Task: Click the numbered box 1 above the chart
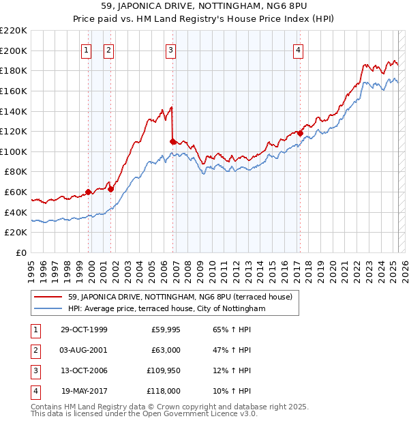click(x=87, y=49)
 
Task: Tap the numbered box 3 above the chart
click(x=170, y=49)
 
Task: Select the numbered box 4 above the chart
click(x=299, y=49)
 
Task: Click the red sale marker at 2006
click(x=172, y=141)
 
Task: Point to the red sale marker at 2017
click(x=300, y=133)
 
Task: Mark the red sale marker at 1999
click(x=89, y=192)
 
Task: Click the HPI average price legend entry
click(x=166, y=308)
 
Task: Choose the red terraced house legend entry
click(x=180, y=297)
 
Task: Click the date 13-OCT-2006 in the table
click(x=85, y=370)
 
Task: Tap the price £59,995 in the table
click(x=166, y=330)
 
